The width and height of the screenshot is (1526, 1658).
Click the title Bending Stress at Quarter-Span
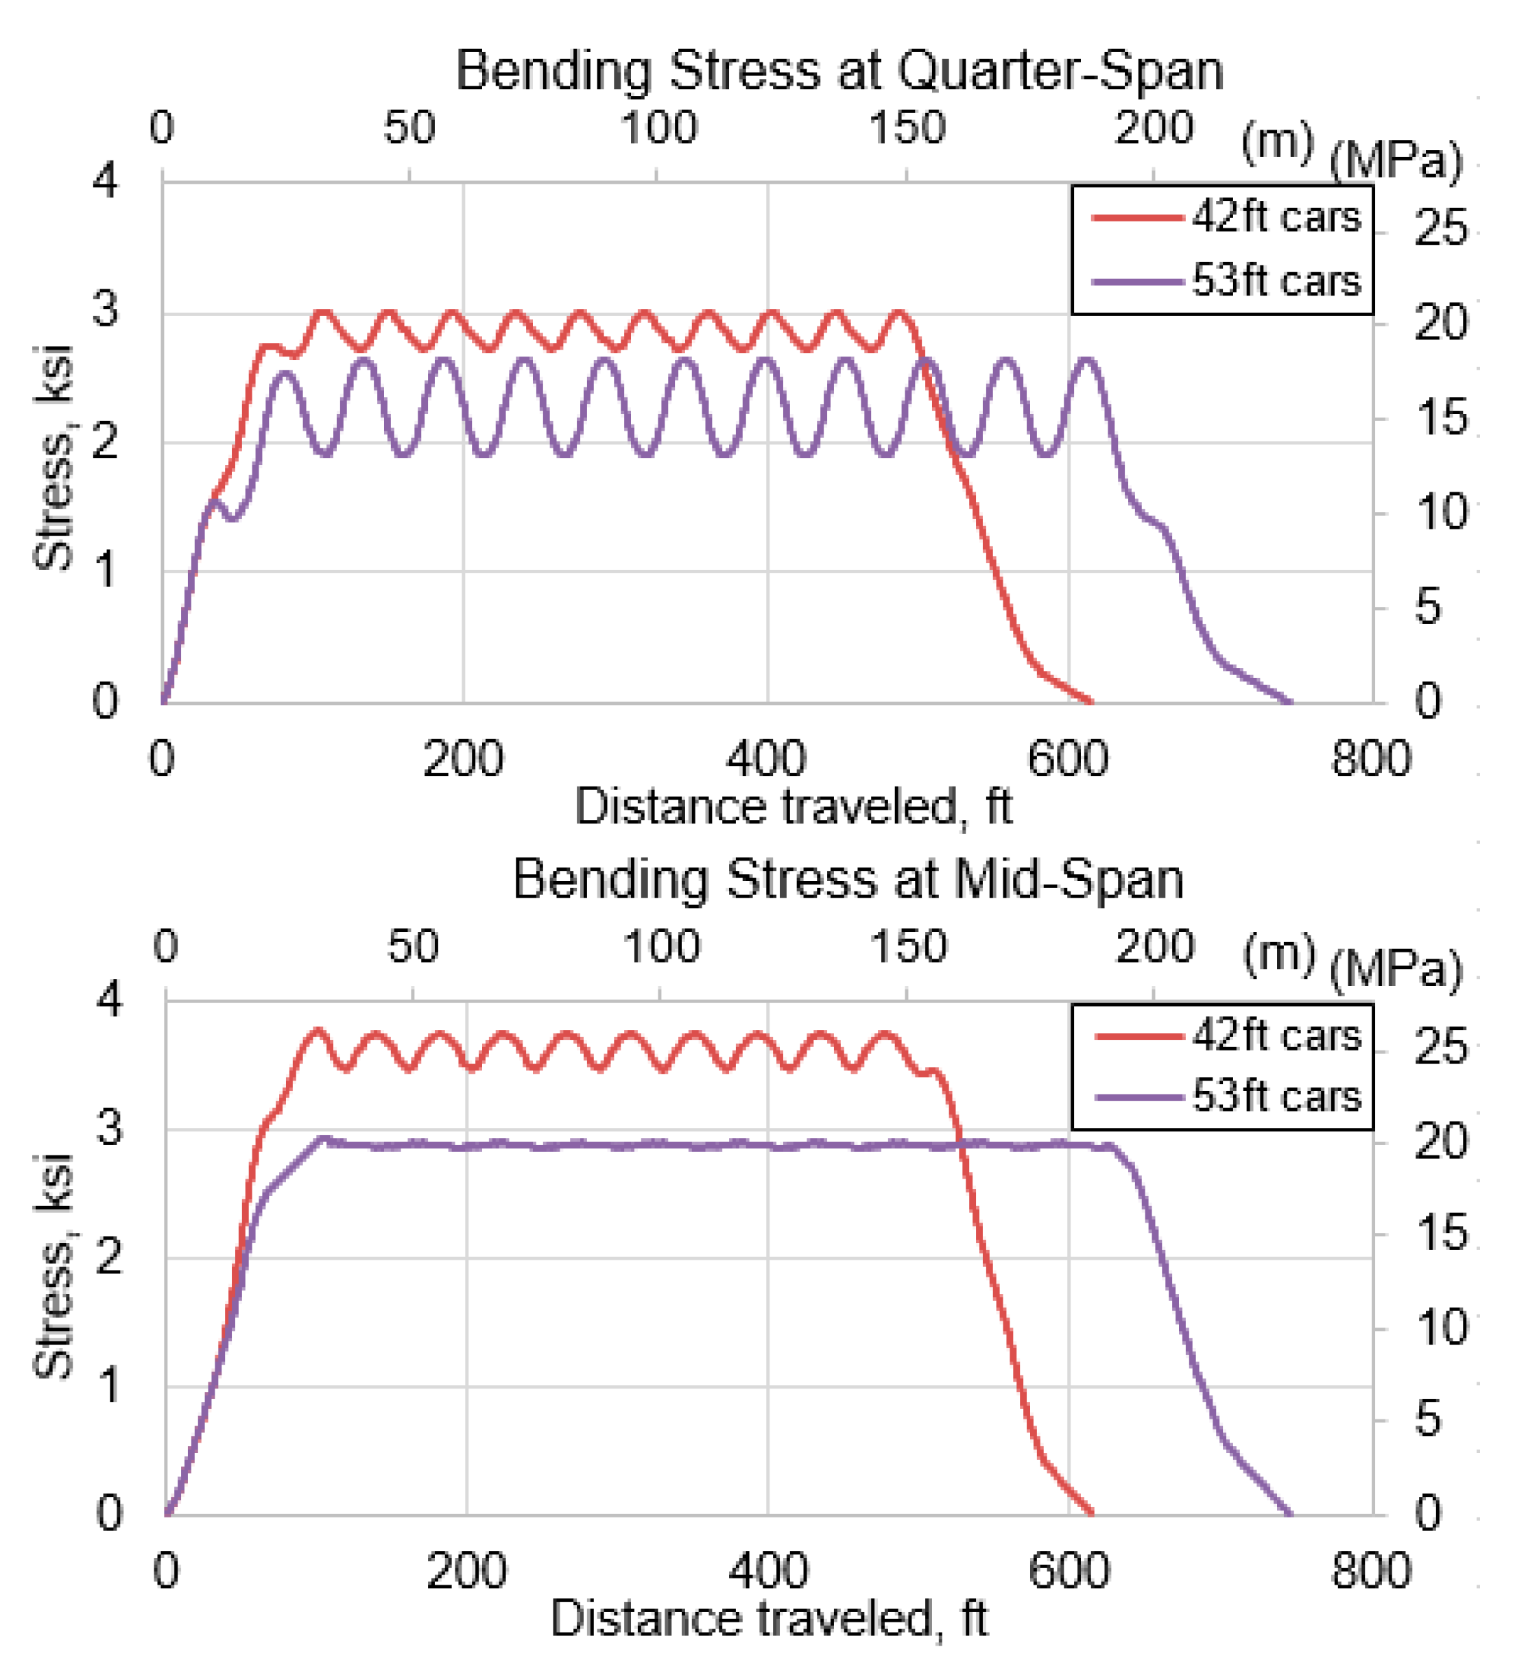click(839, 71)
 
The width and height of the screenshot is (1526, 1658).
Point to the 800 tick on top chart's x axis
click(1371, 758)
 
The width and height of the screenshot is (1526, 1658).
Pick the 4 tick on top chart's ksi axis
click(106, 179)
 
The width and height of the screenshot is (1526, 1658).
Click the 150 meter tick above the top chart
click(907, 128)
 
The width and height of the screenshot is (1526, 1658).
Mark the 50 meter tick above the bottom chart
click(413, 946)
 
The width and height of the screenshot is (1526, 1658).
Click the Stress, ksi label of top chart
click(54, 458)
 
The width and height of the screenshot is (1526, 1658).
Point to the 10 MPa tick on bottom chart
click(1440, 1329)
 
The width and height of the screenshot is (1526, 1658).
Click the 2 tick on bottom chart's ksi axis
click(109, 1258)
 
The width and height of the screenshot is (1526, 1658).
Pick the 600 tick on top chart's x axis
click(1068, 758)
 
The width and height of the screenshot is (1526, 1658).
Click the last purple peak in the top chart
click(1086, 360)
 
